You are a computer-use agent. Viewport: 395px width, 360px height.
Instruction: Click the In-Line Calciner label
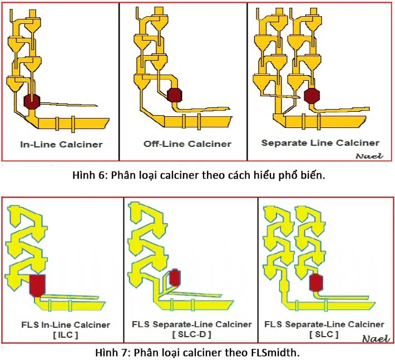pos(61,145)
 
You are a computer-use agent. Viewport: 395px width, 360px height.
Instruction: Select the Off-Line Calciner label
pos(187,144)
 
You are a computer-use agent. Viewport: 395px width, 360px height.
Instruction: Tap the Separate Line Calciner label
pos(320,143)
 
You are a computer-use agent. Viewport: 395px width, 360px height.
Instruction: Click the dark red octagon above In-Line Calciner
pos(32,101)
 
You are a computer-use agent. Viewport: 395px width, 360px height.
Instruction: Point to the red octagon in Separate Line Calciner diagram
pos(312,96)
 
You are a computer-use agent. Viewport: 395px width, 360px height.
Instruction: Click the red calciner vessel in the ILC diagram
pos(38,284)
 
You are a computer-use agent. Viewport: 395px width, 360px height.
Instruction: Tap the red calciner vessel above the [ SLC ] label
pos(317,282)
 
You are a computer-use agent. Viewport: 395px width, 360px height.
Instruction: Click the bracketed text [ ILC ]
pos(65,335)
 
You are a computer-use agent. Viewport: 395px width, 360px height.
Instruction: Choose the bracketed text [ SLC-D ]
pos(191,335)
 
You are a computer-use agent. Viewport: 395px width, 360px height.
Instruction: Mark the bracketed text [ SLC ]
pos(324,335)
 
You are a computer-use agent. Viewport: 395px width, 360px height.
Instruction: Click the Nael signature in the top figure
pos(369,156)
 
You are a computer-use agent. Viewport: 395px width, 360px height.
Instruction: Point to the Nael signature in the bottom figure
pos(376,338)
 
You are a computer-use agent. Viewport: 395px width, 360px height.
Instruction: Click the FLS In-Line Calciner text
pos(65,325)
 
